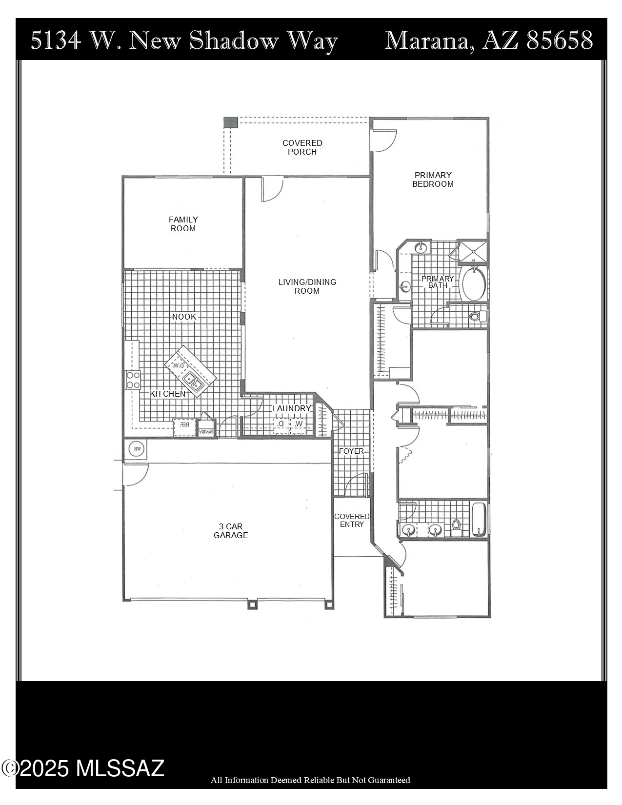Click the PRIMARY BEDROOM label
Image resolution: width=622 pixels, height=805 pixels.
[433, 180]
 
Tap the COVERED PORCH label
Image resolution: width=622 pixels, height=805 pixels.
[302, 147]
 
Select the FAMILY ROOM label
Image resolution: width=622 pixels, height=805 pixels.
[183, 224]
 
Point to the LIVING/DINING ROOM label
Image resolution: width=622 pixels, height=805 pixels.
[307, 286]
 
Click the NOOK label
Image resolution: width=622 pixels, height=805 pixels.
[184, 317]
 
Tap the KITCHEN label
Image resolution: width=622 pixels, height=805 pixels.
[167, 394]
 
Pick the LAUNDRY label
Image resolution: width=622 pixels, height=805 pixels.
[292, 408]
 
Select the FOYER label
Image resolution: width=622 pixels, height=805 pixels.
[351, 451]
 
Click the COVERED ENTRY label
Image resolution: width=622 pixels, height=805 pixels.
[352, 520]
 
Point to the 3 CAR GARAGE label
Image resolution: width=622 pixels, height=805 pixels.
[231, 531]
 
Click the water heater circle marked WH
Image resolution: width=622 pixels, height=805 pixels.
[137, 449]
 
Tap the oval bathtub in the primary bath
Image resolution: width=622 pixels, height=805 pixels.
[473, 284]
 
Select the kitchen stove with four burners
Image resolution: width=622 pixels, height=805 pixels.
[133, 380]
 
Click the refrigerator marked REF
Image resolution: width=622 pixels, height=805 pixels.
[184, 425]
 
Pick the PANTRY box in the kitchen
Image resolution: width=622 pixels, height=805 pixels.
[206, 432]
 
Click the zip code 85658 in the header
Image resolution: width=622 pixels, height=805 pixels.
[560, 40]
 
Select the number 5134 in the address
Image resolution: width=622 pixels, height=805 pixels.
[56, 40]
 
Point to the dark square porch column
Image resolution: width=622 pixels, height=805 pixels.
[230, 122]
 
